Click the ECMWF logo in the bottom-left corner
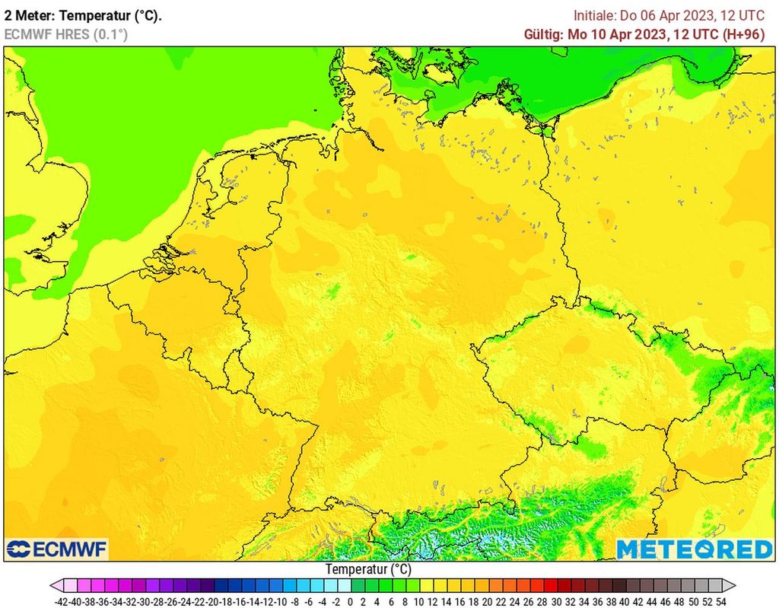(57, 549)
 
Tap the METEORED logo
(694, 549)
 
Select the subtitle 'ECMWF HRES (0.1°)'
(66, 34)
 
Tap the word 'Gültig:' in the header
(543, 34)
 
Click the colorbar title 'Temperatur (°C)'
(368, 569)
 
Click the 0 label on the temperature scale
(350, 601)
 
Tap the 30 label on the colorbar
(555, 601)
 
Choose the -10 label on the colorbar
(281, 601)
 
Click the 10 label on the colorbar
(418, 601)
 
